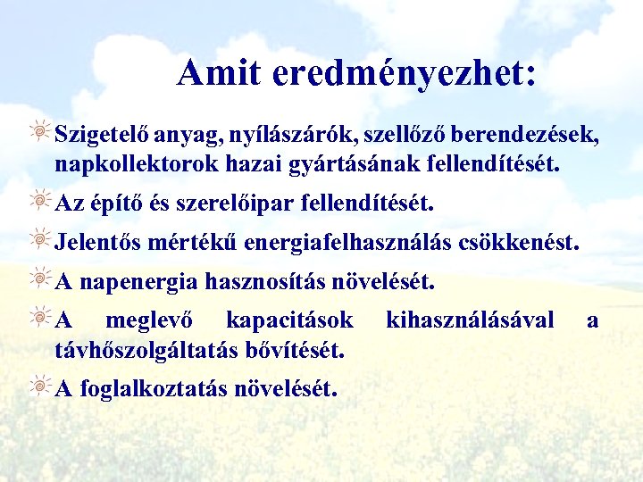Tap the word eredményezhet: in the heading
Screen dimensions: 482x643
(405, 74)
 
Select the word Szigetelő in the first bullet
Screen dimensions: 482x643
(101, 135)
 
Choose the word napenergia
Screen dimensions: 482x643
(138, 283)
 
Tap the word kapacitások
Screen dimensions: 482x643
(289, 320)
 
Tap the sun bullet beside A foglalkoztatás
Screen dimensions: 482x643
(40, 386)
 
